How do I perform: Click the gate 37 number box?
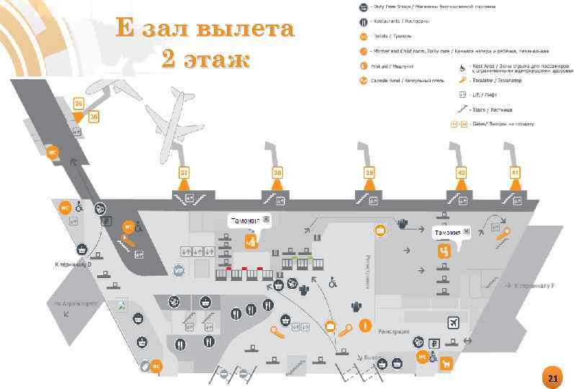(x=184, y=173)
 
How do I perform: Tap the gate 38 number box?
(x=277, y=173)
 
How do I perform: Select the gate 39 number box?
(x=369, y=173)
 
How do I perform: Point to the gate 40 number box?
(x=462, y=173)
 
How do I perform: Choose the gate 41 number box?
(x=515, y=173)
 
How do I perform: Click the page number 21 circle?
(x=552, y=379)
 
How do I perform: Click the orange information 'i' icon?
(x=364, y=326)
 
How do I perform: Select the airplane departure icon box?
(x=453, y=322)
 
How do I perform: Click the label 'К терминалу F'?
(x=534, y=285)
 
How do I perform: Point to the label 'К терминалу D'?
(x=74, y=264)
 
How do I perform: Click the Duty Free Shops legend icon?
(x=364, y=7)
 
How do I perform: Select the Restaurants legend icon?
(x=364, y=21)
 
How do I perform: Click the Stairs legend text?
(x=492, y=110)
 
